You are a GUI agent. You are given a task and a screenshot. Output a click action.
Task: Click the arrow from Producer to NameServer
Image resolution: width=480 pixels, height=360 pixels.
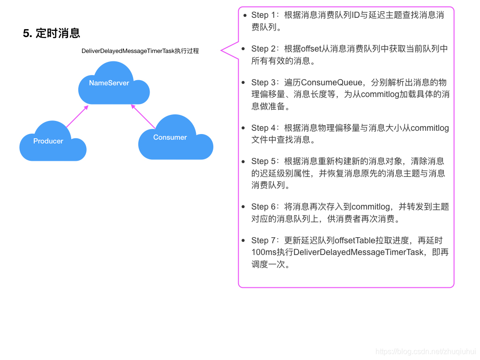(77, 116)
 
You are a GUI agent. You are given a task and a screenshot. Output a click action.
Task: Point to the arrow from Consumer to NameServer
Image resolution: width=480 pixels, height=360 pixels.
(143, 116)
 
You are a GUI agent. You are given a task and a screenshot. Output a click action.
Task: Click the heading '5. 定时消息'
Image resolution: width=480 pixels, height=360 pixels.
(52, 33)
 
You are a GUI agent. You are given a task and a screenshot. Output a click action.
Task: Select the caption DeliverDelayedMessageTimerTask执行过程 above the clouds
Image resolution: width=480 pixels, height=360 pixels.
(140, 51)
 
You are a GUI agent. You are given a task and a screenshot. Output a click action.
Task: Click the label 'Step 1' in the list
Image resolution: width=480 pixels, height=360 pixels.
(263, 15)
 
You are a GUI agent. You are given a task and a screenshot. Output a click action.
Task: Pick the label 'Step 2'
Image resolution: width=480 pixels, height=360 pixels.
(263, 49)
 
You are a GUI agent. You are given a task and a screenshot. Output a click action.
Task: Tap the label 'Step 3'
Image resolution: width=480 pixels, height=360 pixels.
(263, 82)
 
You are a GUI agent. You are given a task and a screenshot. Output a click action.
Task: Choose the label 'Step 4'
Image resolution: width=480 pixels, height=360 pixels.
(263, 128)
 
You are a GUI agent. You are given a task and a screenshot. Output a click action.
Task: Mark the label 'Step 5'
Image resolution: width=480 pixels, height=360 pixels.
(263, 161)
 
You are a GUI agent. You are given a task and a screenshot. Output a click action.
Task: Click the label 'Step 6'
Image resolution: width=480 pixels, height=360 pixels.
(263, 207)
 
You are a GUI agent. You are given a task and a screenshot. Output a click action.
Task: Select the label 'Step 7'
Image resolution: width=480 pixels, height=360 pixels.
(263, 240)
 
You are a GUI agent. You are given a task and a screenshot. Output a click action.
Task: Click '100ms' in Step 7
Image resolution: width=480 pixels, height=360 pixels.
(263, 252)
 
